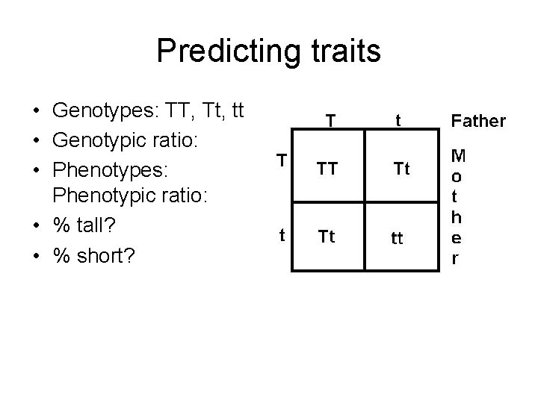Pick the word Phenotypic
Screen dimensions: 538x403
click(x=99, y=196)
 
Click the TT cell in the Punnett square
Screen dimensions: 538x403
click(x=327, y=169)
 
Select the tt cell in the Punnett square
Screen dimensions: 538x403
click(x=397, y=238)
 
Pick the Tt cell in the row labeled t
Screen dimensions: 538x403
click(x=327, y=237)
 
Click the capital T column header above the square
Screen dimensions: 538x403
click(x=330, y=119)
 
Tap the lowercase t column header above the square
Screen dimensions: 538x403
click(x=399, y=119)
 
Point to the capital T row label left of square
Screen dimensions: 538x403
click(x=280, y=159)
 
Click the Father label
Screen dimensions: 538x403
click(x=478, y=120)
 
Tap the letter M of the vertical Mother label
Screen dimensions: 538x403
click(x=459, y=156)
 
